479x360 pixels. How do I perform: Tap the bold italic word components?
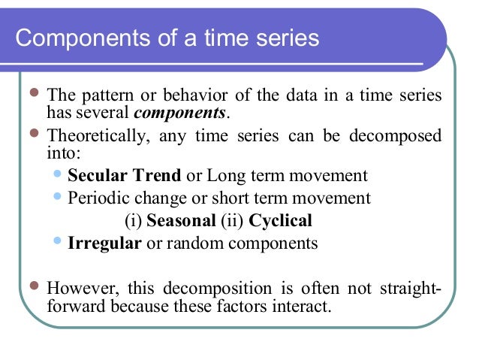click(x=179, y=113)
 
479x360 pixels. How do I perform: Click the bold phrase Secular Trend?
click(x=125, y=177)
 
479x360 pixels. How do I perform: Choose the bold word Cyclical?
click(x=280, y=221)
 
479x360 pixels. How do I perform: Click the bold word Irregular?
click(x=104, y=244)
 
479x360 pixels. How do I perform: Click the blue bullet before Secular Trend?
click(x=60, y=176)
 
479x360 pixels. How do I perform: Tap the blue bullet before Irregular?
click(x=60, y=242)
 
